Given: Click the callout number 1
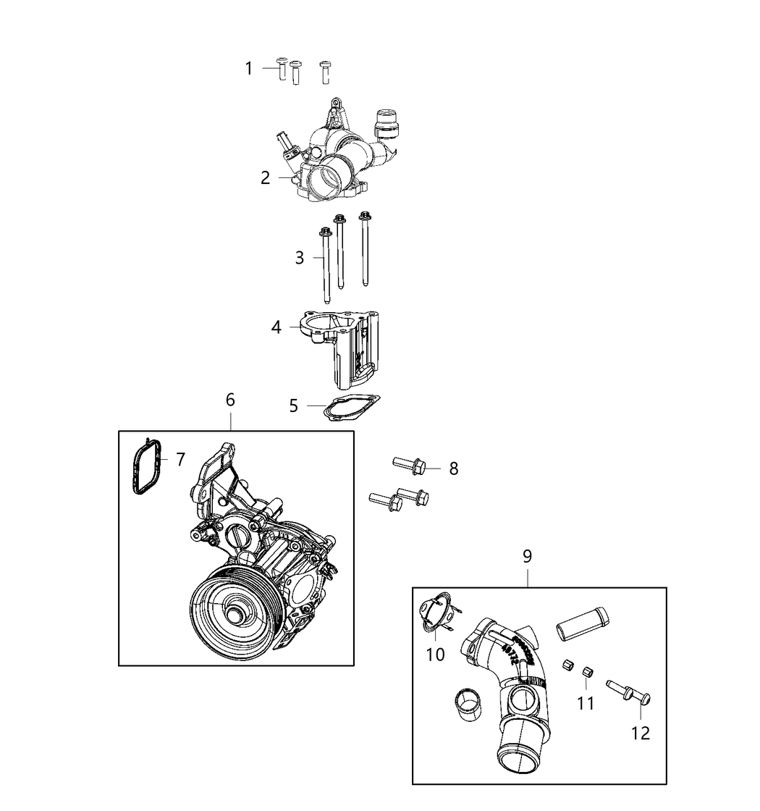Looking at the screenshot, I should (249, 69).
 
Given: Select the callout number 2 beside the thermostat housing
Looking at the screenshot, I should (266, 177).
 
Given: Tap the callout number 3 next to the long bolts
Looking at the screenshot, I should (300, 258).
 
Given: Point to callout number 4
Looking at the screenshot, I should (276, 327).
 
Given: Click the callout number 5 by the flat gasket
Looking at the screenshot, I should (293, 405).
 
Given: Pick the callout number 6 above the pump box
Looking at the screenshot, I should (230, 400).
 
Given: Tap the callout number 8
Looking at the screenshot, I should (454, 468).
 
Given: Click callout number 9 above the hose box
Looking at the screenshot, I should (527, 556).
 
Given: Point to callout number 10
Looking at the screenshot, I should (436, 655).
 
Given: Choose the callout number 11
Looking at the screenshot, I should (586, 702).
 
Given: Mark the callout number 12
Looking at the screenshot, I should (640, 733).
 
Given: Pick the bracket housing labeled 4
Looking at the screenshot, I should (345, 344).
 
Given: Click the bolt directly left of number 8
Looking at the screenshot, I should (409, 465).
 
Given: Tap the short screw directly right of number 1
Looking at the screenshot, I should (282, 70).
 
